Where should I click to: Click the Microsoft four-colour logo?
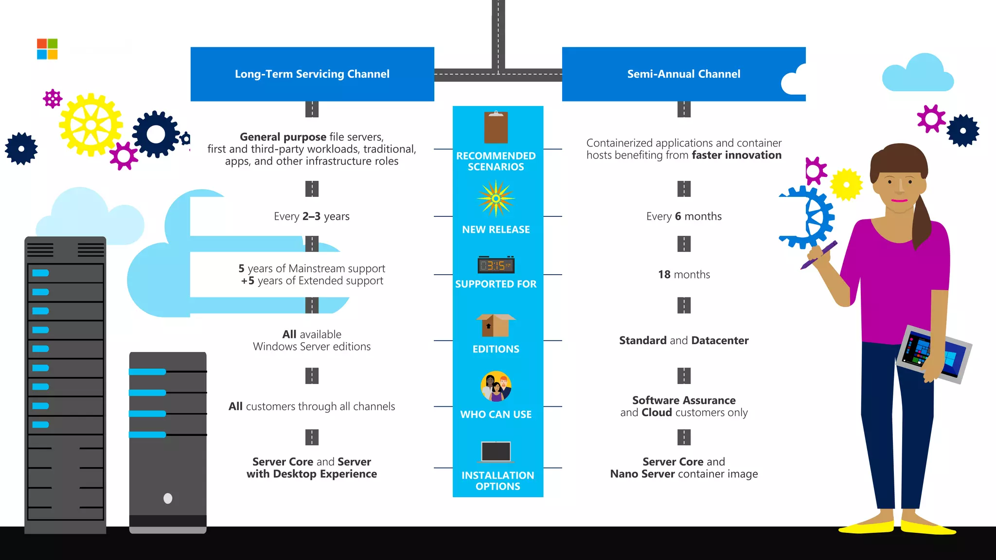(x=47, y=49)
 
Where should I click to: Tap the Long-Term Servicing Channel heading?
(x=312, y=74)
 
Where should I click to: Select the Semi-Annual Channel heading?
(x=683, y=74)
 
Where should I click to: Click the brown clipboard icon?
(x=496, y=127)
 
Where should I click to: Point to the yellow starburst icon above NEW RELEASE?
(x=496, y=198)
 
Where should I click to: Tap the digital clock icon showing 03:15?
(x=496, y=265)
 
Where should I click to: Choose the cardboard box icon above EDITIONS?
(x=496, y=325)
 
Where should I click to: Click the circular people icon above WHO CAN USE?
(x=496, y=386)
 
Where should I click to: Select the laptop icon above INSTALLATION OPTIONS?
(x=496, y=452)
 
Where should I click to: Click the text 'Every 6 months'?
(x=684, y=216)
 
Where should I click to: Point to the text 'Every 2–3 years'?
(x=312, y=216)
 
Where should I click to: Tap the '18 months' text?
(x=684, y=275)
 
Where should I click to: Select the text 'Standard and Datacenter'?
(x=684, y=340)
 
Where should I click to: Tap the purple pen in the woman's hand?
(x=819, y=255)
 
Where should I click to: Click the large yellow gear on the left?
(x=91, y=125)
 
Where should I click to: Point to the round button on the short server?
(x=168, y=498)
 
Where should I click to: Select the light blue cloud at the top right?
(x=917, y=74)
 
